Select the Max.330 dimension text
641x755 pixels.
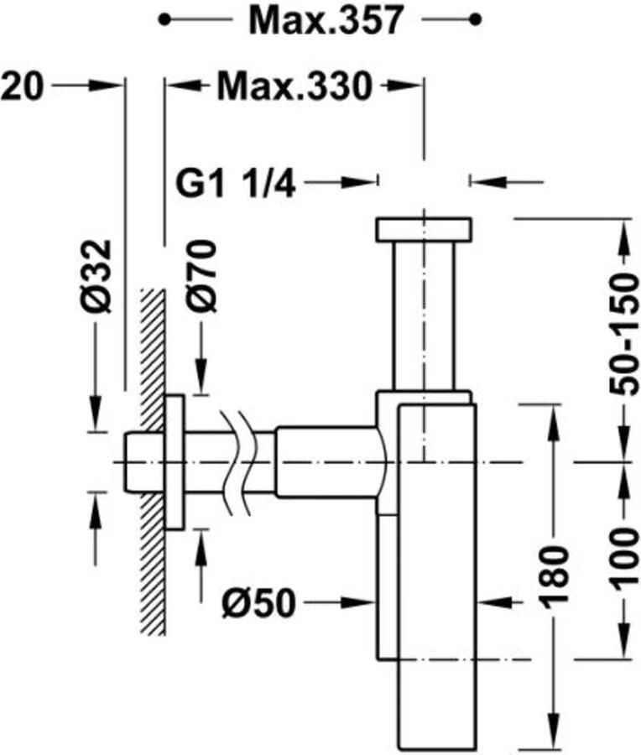[x=294, y=86]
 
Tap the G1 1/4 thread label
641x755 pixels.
[x=235, y=183]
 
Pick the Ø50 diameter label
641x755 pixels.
[x=258, y=603]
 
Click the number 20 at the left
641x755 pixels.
[x=22, y=86]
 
